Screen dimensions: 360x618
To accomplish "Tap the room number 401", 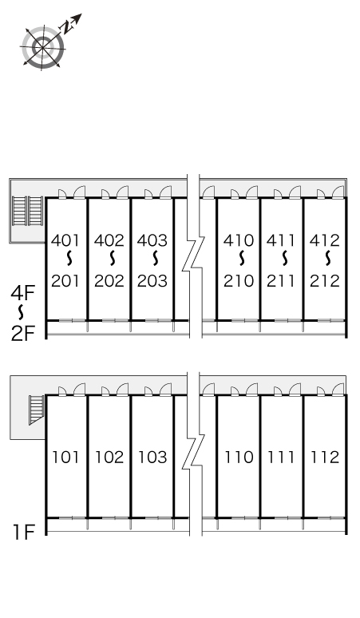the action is [65, 240].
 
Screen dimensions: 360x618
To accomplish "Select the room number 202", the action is [109, 281].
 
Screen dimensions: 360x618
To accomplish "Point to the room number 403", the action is [152, 240].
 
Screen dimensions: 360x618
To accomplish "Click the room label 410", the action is [239, 240].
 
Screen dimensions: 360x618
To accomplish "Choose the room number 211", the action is [281, 281].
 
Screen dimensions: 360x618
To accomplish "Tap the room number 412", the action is [325, 240].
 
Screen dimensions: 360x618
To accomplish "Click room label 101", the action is [65, 458].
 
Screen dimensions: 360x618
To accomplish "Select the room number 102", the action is [109, 458].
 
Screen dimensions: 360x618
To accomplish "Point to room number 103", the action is [152, 458].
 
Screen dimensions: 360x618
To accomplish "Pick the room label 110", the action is [239, 458].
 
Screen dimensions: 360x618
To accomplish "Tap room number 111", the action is [281, 458].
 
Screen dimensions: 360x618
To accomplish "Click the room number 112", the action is [325, 458].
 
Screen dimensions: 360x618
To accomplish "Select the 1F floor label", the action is [25, 533].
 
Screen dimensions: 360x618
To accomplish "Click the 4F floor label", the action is [23, 293].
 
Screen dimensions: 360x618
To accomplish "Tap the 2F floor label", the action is [23, 334].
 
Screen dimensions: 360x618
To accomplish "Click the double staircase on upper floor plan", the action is [27, 211].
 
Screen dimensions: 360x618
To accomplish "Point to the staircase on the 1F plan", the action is [36, 410].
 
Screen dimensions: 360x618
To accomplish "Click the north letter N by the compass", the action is [67, 27].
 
